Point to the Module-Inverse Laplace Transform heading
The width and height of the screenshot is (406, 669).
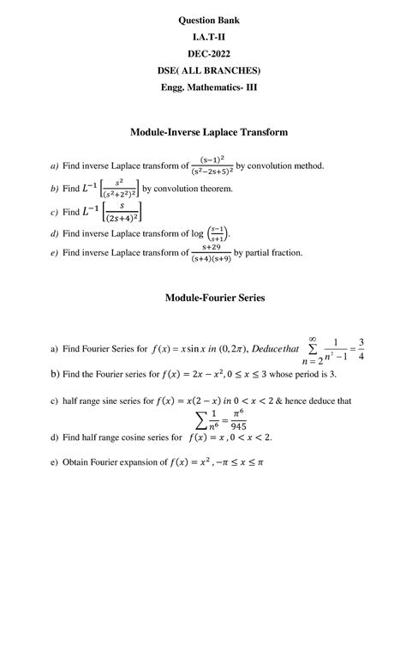coord(208,132)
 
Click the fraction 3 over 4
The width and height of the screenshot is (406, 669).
coord(363,350)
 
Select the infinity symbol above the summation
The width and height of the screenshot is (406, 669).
coord(313,339)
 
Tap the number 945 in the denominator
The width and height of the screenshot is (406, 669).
coord(214,425)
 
